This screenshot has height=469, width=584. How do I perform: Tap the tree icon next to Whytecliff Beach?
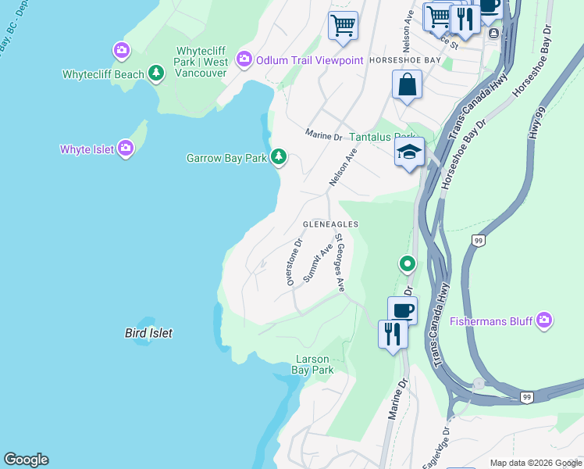158,73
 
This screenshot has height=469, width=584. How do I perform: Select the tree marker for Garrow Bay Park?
279,157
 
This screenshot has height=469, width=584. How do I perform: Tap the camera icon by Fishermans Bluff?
544,320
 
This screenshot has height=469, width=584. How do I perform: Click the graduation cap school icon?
408,152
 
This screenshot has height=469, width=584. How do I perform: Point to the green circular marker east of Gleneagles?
407,264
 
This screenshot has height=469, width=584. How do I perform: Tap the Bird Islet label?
148,333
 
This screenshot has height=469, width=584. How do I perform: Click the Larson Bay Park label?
313,364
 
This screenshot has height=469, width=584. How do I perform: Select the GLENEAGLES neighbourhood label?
330,224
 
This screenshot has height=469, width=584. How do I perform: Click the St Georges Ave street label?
340,262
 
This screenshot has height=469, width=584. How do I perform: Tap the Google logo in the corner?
26,460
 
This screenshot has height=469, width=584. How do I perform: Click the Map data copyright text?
536,463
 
